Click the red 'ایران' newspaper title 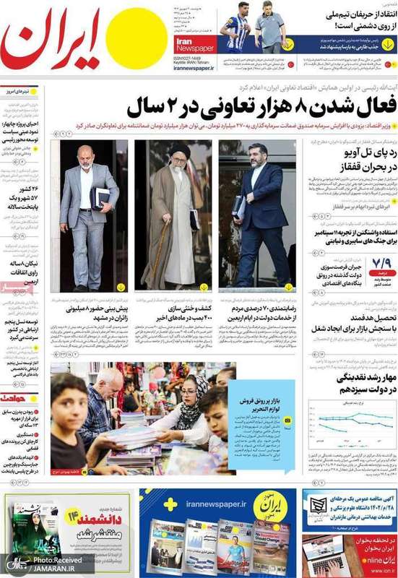[51, 43]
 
